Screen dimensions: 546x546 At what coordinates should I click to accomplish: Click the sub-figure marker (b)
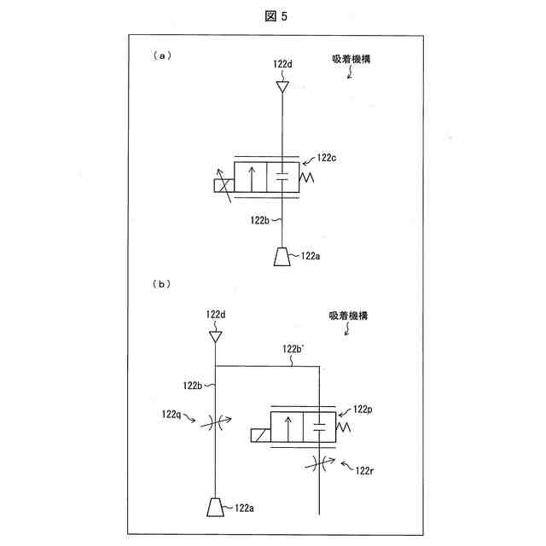[x=162, y=282]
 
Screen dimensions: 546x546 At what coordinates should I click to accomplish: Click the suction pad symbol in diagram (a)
[x=282, y=256]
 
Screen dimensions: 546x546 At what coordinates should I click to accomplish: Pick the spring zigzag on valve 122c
[x=306, y=177]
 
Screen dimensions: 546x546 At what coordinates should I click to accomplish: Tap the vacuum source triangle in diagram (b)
[x=217, y=338]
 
